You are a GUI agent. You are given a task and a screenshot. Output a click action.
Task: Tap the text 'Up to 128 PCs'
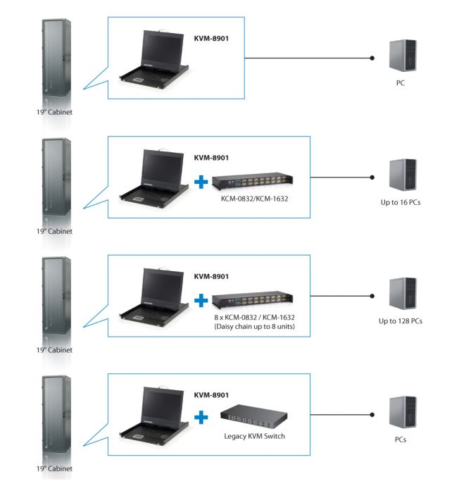pos(401,321)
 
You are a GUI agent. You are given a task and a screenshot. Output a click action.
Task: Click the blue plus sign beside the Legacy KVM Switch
pos(202,418)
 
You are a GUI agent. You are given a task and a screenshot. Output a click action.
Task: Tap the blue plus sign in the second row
pos(202,182)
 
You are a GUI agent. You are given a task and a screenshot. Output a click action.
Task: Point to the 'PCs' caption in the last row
pos(401,440)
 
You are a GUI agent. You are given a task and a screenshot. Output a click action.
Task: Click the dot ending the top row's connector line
pos(372,58)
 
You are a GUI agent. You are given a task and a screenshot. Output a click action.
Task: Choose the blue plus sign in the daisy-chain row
pos(202,301)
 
